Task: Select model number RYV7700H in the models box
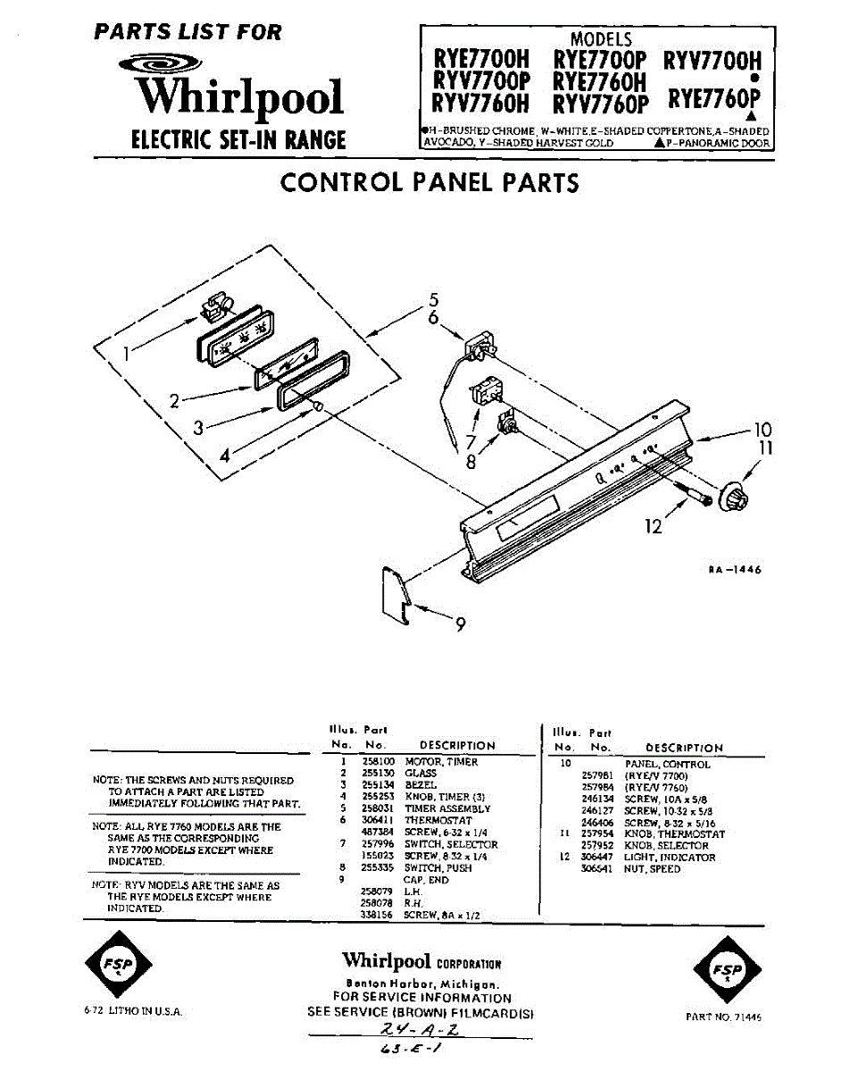coord(712,61)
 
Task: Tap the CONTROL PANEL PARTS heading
coord(429,182)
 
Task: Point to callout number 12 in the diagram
coord(654,527)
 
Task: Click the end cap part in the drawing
coord(394,590)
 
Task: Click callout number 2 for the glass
coord(176,401)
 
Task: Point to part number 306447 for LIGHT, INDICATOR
coord(598,858)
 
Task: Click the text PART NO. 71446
coord(724,1017)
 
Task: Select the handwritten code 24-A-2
coord(419,1030)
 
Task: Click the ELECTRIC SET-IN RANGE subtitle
coord(238,140)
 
